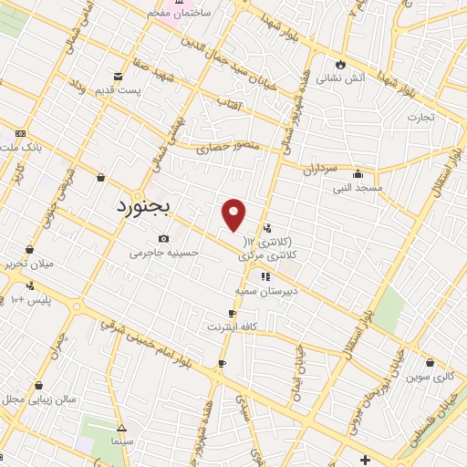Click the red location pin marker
234,213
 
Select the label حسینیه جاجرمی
163,252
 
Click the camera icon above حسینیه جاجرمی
163,238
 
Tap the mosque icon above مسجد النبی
357,174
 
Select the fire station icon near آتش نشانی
340,65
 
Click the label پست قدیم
120,89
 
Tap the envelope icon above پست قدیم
118,76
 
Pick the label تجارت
421,117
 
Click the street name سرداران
321,170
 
